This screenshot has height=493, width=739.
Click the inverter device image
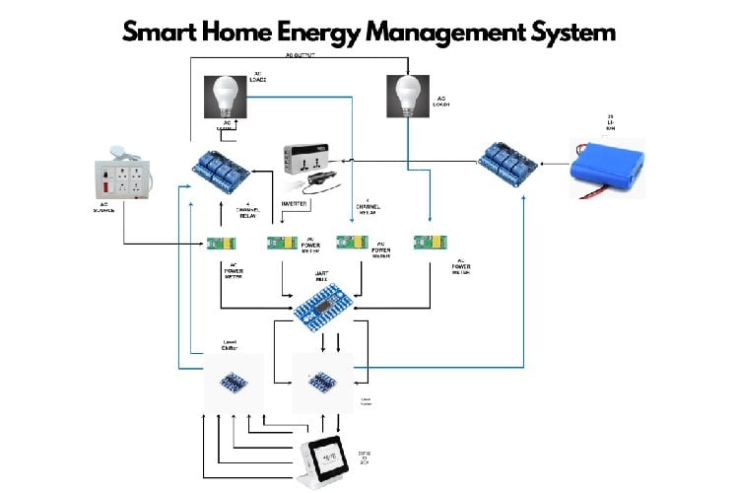tap(311, 164)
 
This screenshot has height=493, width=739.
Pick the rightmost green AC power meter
tap(431, 242)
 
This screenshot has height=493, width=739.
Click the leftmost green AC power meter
tap(220, 244)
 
